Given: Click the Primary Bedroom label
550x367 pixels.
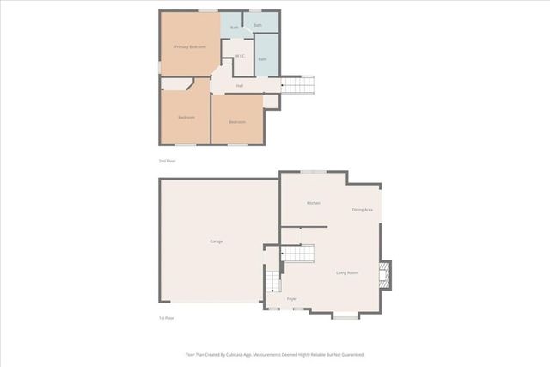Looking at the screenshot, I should (x=189, y=46).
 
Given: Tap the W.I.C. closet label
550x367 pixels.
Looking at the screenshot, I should (x=241, y=57).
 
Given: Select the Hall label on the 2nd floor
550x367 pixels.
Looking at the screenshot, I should (x=240, y=85).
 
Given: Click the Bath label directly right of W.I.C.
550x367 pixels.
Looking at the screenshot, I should (x=262, y=58).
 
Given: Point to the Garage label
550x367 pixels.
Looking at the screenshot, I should (x=217, y=242).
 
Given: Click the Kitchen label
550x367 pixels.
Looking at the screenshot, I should (x=314, y=203).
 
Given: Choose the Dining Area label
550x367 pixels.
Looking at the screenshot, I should (x=362, y=210).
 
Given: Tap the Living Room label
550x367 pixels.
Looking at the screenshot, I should (x=346, y=272).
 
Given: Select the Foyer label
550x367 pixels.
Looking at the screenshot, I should (x=292, y=298).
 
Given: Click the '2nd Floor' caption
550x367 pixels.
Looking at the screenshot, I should (x=167, y=161).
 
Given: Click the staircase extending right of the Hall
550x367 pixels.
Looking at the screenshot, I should (x=299, y=85).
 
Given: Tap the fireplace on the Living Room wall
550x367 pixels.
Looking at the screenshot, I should (x=385, y=274).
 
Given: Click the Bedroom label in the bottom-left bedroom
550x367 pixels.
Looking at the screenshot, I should (x=186, y=117).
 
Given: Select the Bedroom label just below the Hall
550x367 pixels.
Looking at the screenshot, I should (x=237, y=121).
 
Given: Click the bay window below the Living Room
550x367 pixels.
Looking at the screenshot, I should (x=345, y=316).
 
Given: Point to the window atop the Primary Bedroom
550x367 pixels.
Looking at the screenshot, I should (x=207, y=10).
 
